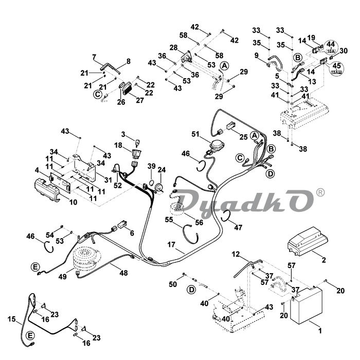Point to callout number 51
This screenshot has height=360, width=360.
click(195, 134)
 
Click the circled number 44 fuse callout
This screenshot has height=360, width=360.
click(331, 45)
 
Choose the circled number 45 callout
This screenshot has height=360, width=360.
click(337, 65)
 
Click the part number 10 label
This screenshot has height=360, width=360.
click(73, 203)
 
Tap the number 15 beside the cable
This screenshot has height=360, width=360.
click(12, 319)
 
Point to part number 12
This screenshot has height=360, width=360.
click(236, 254)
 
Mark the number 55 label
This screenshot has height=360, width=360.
click(169, 220)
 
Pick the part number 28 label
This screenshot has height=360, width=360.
click(174, 47)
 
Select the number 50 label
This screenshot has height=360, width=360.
click(173, 284)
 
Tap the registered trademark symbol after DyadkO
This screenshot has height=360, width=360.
click(320, 192)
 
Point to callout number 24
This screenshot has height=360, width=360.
click(161, 170)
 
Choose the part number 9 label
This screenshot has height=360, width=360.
click(256, 55)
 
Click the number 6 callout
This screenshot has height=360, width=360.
click(132, 233)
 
